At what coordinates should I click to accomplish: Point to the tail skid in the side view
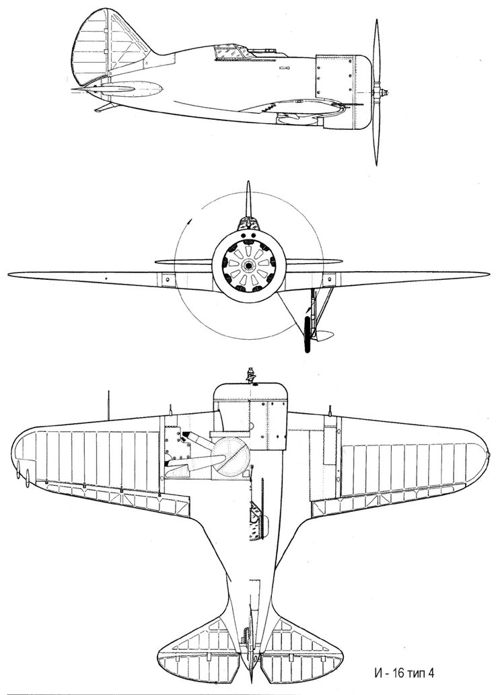(x=101, y=108)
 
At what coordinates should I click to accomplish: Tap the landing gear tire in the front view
(x=308, y=334)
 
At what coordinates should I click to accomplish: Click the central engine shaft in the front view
(x=248, y=264)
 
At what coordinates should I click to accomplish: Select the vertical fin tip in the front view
(x=248, y=185)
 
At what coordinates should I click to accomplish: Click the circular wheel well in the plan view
(x=233, y=455)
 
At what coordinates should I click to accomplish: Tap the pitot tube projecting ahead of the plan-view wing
(x=109, y=402)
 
